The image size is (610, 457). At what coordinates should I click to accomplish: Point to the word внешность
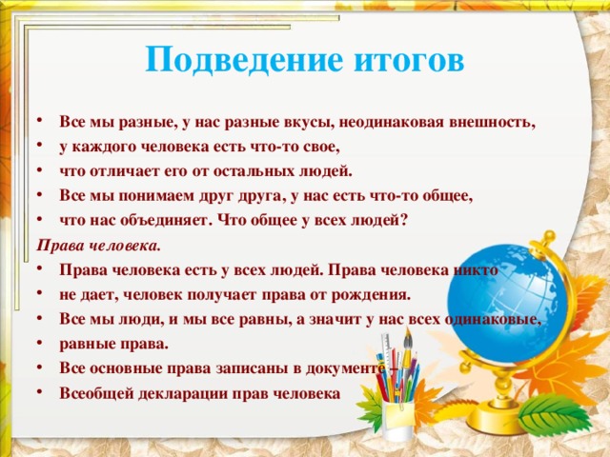pos(489,123)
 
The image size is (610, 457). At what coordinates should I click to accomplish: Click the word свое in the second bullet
pos(318,148)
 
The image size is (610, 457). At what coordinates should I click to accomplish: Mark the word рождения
pos(376,293)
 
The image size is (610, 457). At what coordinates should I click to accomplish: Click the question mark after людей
pos(404,220)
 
